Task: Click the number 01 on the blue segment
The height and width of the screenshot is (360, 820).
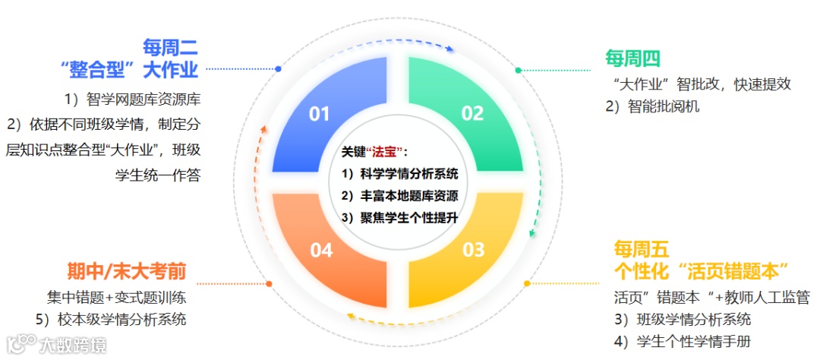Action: [320, 114]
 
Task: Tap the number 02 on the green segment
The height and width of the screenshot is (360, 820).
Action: [472, 114]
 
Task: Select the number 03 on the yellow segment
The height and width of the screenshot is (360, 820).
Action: [473, 249]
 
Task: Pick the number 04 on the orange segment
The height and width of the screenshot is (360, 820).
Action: [321, 250]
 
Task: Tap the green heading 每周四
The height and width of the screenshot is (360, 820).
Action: [632, 58]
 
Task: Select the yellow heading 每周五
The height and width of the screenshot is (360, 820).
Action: [642, 249]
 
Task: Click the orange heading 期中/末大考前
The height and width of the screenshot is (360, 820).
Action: [127, 271]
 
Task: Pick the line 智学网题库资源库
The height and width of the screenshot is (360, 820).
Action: [132, 99]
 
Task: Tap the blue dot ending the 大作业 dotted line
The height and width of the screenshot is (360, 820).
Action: [279, 69]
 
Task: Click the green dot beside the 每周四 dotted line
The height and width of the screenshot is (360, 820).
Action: [519, 70]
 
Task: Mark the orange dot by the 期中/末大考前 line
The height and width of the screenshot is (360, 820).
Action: [269, 284]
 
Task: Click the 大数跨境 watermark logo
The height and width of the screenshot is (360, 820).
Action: [56, 344]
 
